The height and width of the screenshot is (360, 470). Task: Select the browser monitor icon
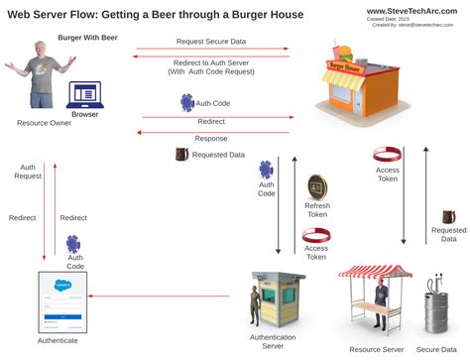coord(84,96)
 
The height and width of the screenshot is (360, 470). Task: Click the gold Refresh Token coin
coord(317,186)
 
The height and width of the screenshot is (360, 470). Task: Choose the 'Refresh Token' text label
coord(317,209)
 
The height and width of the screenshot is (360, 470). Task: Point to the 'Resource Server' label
coord(377,349)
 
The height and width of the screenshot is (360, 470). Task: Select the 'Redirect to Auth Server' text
coord(212,61)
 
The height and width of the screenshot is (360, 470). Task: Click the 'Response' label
coord(211,138)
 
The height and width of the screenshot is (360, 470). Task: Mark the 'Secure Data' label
coord(436,349)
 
